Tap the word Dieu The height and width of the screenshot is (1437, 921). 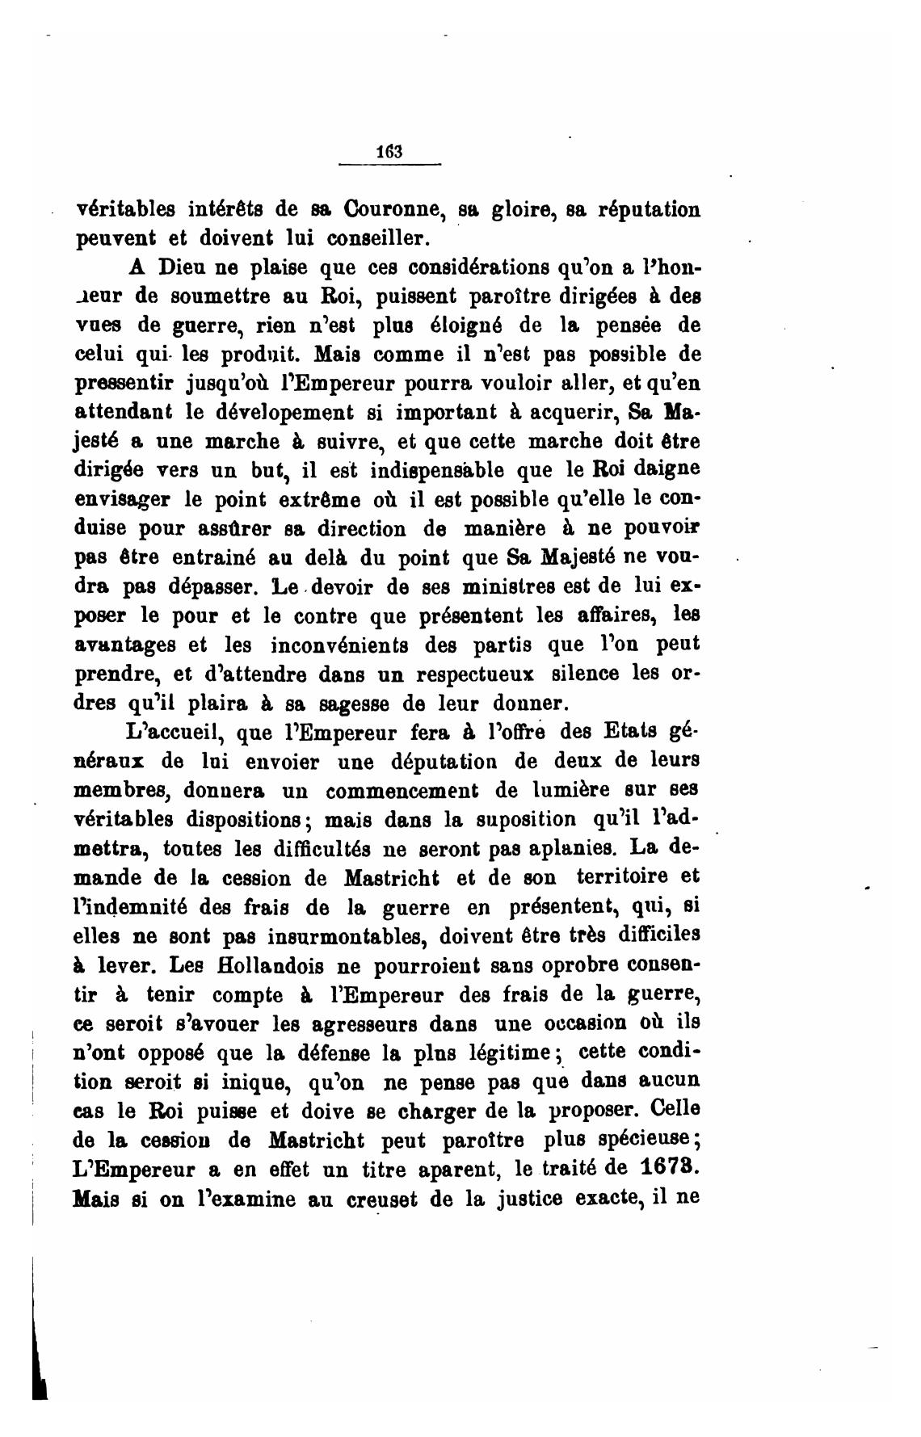[183, 267]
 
